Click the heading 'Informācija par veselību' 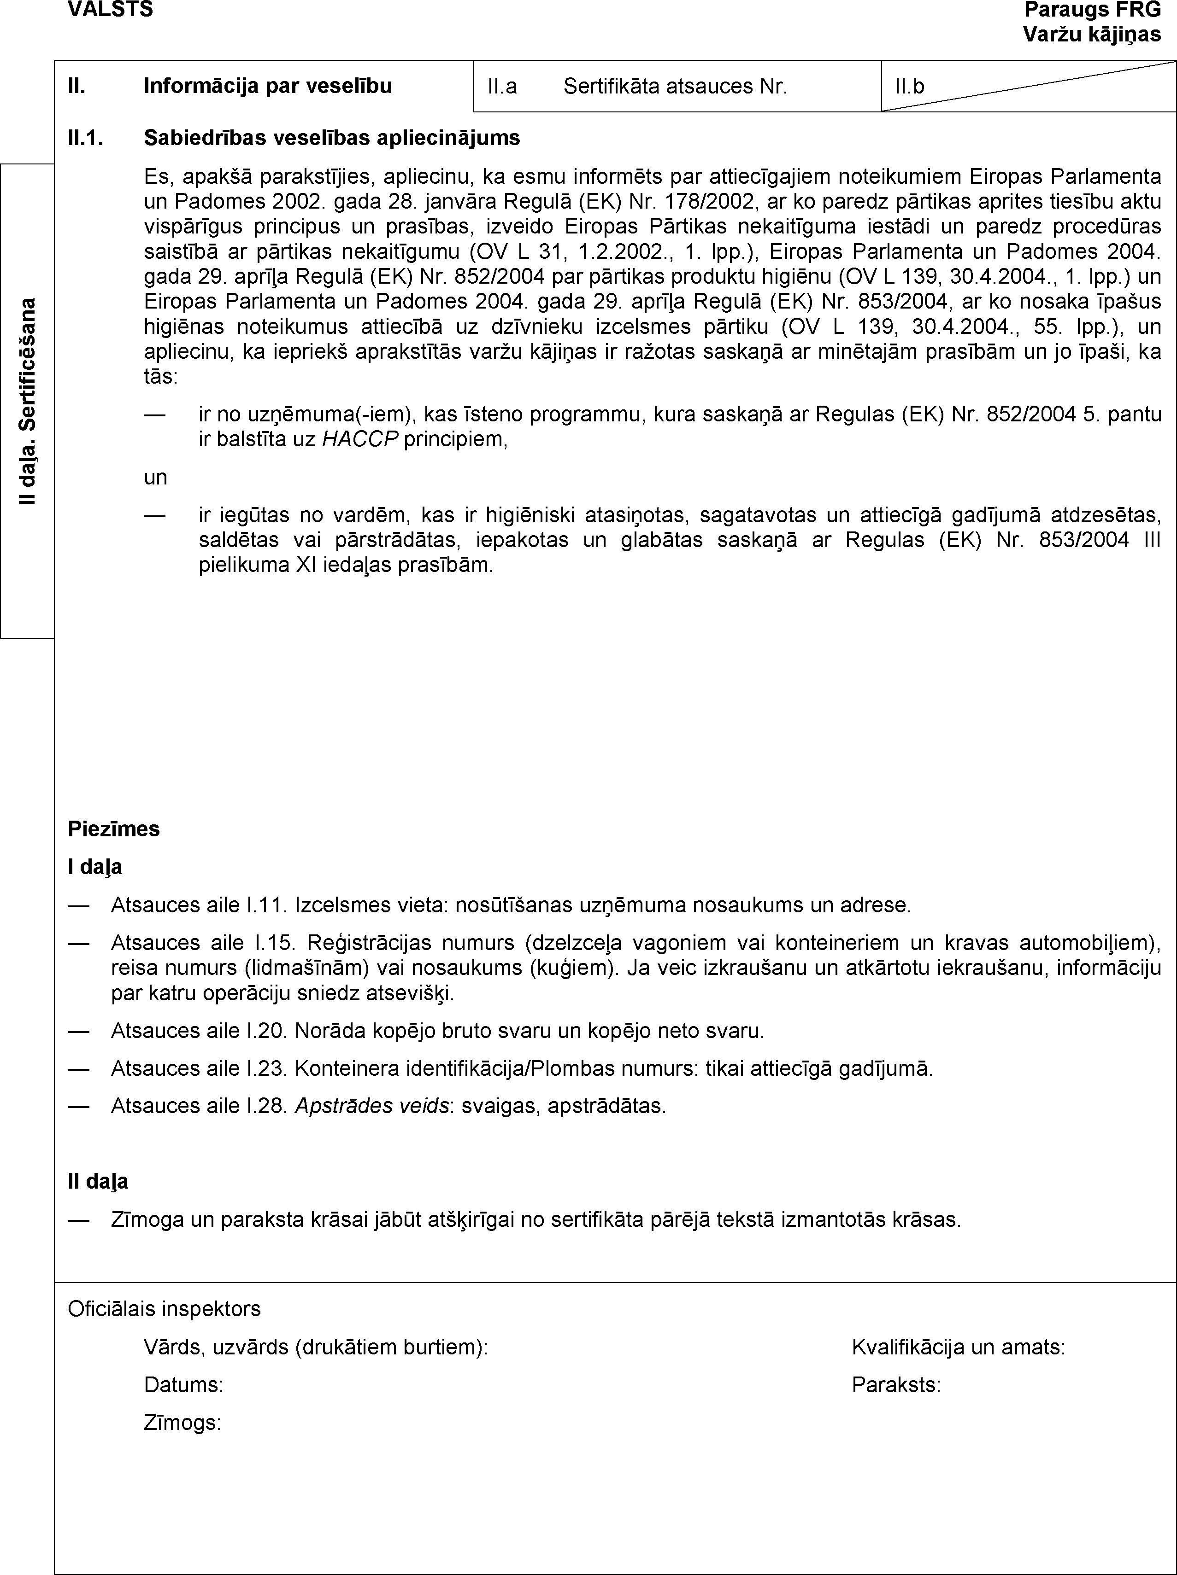268,86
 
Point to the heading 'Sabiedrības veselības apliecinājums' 332,137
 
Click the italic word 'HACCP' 360,439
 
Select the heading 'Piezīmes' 114,829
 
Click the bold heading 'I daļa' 95,867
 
